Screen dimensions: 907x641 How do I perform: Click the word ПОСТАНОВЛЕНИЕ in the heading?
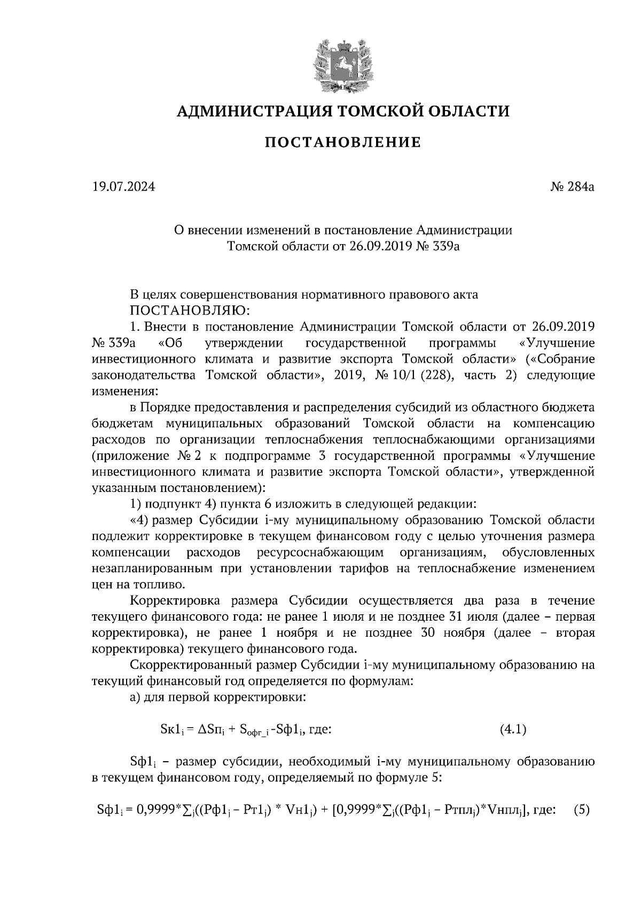tap(343, 143)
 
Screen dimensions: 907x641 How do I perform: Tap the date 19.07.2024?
tap(123, 187)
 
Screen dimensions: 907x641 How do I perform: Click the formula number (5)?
tap(581, 810)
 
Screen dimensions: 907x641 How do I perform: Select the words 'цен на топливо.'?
tap(140, 584)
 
